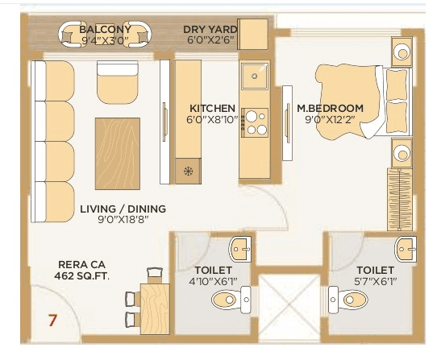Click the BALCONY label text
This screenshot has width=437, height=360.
(105, 30)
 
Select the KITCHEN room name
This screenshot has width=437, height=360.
(212, 108)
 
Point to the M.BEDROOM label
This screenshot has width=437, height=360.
(330, 108)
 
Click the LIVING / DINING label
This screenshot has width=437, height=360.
(123, 209)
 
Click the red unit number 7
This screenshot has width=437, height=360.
(53, 320)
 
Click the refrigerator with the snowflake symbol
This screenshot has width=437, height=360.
(188, 171)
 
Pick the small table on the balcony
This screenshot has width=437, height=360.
(106, 35)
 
